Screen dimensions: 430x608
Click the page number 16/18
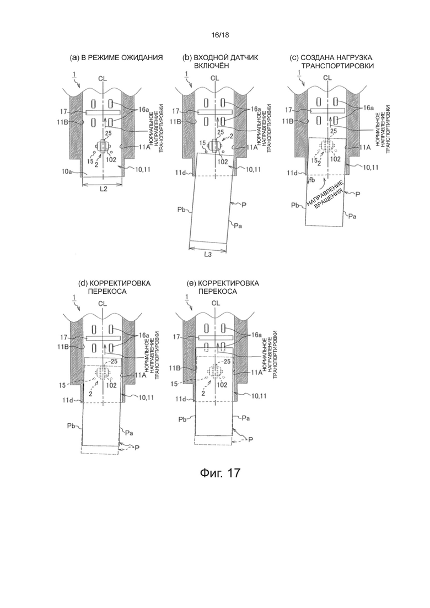tap(220, 35)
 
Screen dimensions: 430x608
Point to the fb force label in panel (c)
tap(312, 180)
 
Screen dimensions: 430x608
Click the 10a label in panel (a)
tap(74, 171)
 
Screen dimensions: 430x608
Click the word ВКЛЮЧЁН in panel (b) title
tap(211, 66)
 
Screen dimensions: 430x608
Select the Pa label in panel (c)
tap(352, 217)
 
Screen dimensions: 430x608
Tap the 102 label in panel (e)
tap(222, 385)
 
